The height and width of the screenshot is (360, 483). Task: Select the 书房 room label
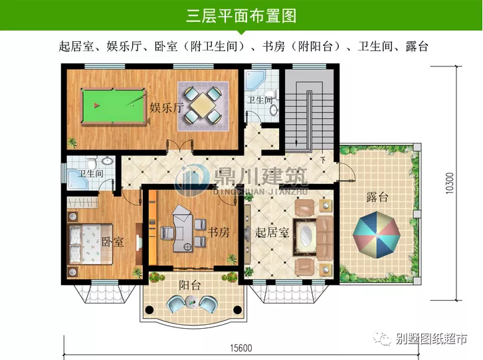[219, 232]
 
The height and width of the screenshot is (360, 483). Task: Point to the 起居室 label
[270, 233]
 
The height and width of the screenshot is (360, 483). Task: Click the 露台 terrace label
[377, 197]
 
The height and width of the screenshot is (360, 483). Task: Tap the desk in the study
[185, 229]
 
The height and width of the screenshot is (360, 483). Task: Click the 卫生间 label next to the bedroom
[91, 174]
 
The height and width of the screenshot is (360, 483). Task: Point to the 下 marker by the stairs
[323, 160]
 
